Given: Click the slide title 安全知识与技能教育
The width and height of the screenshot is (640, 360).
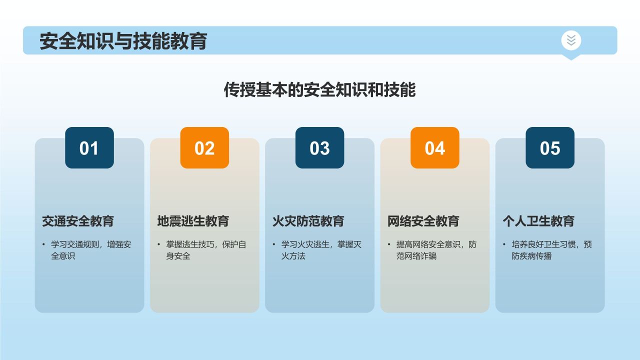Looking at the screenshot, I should (123, 41).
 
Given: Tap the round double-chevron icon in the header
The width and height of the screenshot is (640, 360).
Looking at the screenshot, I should (571, 40).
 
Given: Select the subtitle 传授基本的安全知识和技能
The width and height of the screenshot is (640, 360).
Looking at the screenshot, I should (319, 90).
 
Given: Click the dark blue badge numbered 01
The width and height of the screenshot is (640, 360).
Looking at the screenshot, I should (89, 148).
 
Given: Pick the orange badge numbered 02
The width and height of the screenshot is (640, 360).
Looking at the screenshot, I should (204, 148).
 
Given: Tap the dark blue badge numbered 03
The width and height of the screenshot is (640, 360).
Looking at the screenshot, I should (319, 148).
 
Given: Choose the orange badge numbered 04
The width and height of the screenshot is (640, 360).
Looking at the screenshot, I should (434, 148).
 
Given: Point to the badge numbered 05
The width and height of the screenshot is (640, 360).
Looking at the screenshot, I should (549, 148).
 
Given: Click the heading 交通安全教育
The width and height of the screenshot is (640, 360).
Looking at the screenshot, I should (78, 221).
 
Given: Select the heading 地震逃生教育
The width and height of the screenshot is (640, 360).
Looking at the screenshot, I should (193, 221).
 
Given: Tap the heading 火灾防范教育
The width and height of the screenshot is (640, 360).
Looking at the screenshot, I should (308, 221).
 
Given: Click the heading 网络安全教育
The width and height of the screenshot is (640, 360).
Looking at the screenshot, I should (423, 221).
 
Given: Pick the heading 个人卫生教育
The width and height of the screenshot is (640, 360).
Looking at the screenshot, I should (538, 221).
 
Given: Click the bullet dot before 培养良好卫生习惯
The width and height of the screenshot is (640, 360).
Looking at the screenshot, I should (504, 244).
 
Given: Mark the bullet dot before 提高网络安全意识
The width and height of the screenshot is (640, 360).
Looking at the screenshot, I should (389, 244).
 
